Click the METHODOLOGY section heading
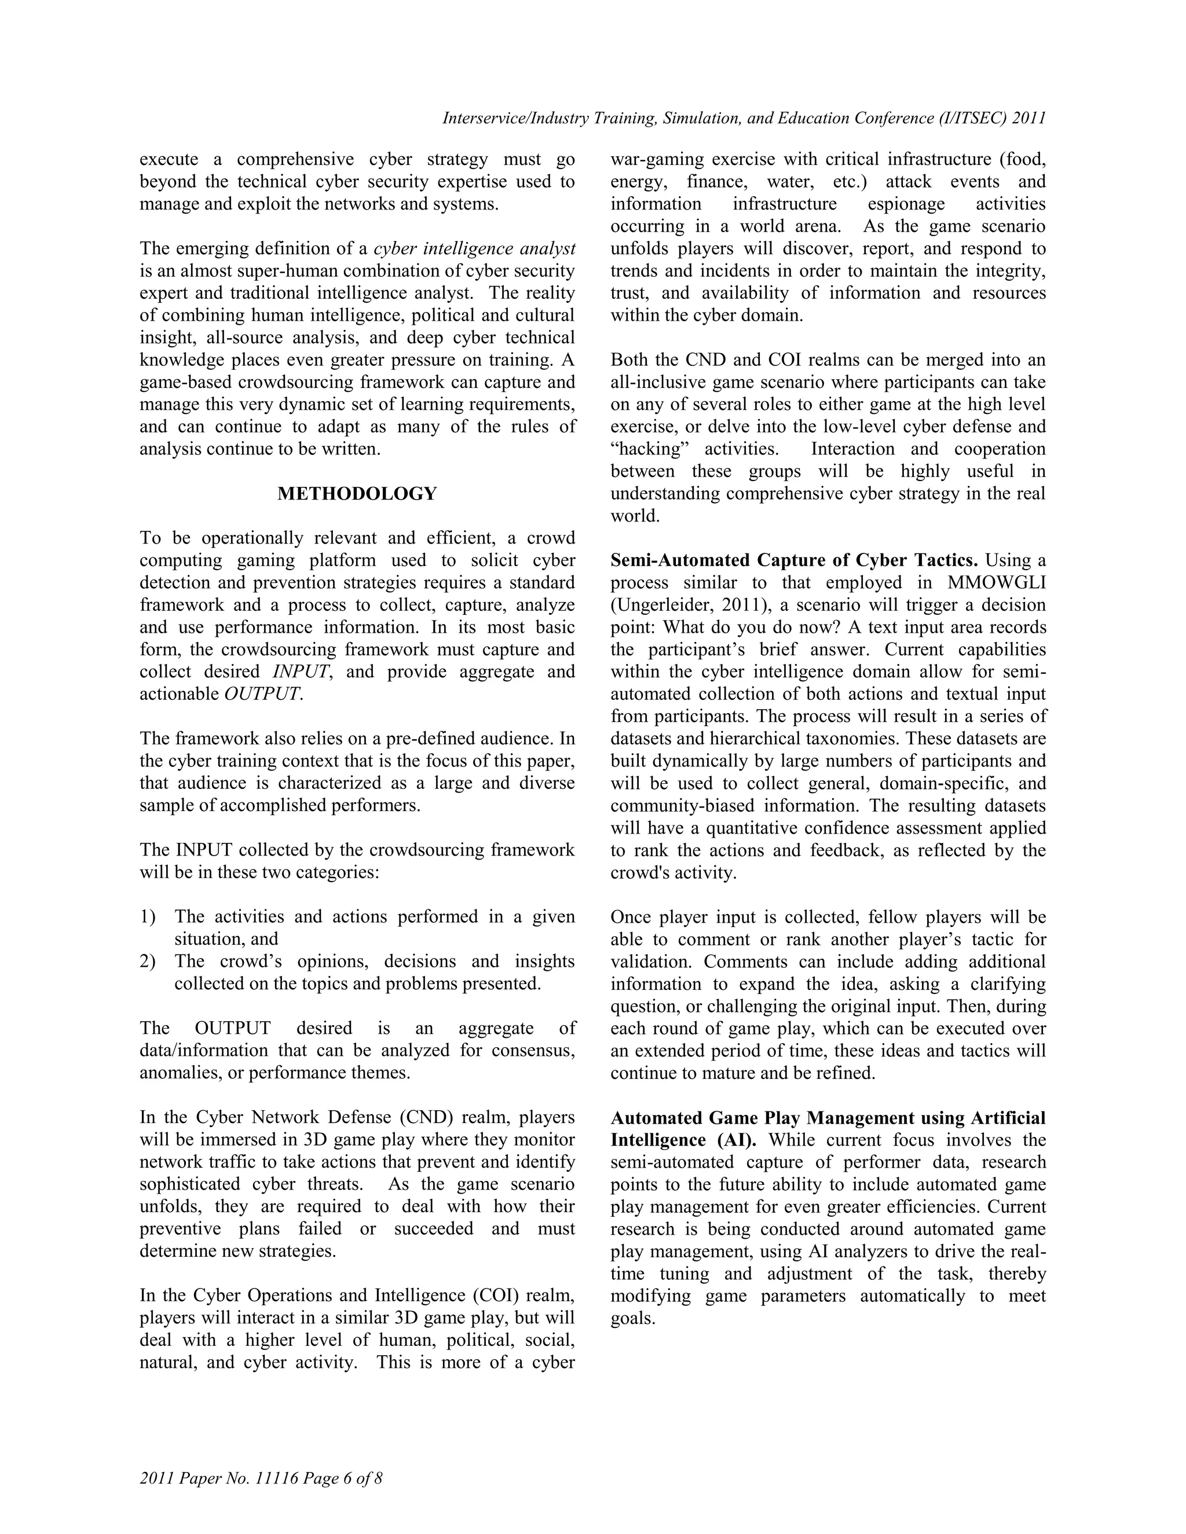pos(357,494)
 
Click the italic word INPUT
pos(300,671)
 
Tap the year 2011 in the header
pos(1028,118)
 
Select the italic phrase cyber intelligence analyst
pos(474,249)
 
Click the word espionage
pos(906,204)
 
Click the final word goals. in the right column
pos(632,1318)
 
